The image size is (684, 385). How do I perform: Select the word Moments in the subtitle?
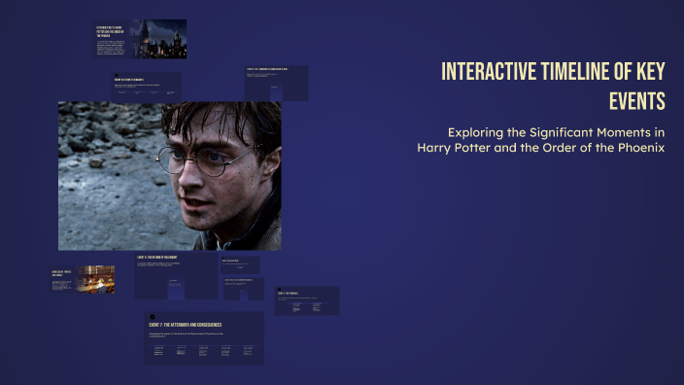pos(632,131)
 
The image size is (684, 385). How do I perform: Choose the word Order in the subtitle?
pos(560,148)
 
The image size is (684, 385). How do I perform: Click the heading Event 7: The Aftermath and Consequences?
pos(186,324)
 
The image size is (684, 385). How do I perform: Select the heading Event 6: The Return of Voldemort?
pos(165,257)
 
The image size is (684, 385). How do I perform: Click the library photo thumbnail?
pos(96,279)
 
